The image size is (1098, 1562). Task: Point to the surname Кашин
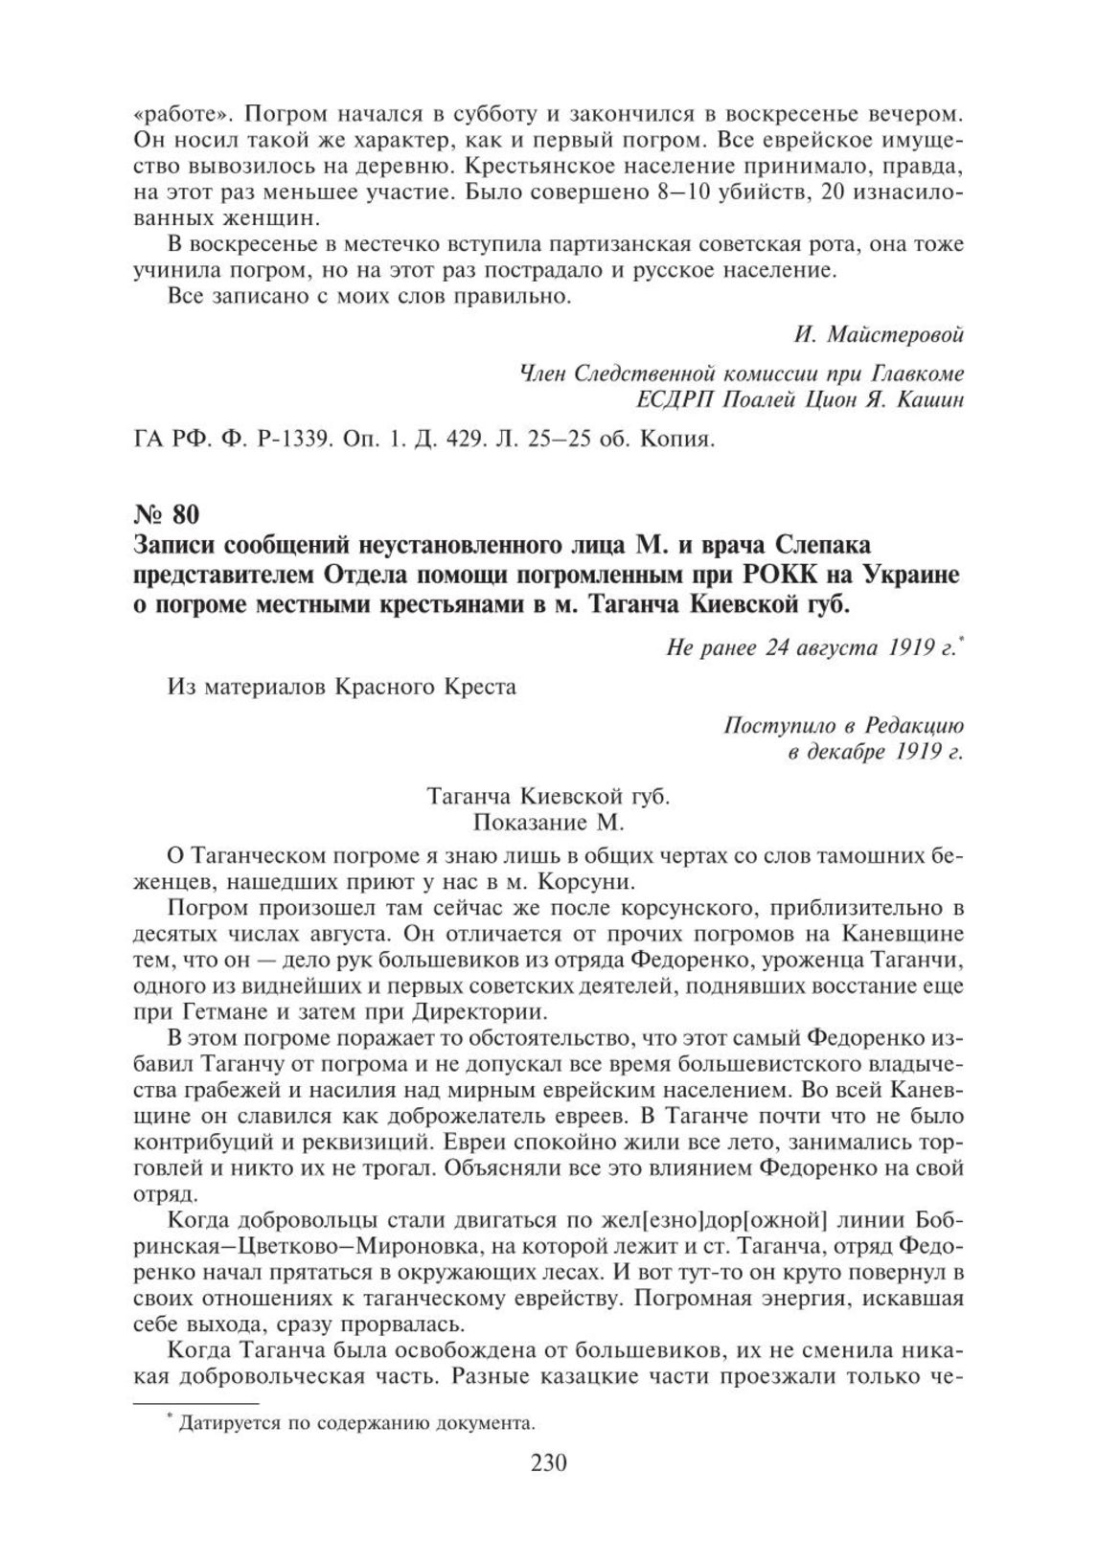(928, 399)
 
